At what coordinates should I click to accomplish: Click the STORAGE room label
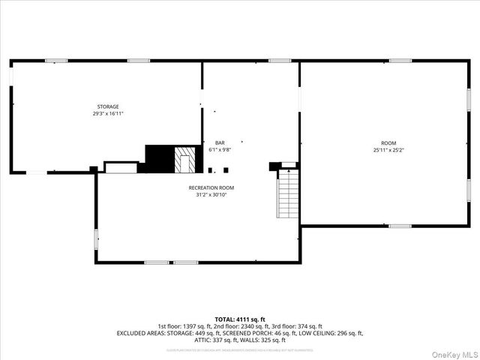click(107, 106)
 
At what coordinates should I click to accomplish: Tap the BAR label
click(220, 142)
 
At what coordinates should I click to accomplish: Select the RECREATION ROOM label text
click(211, 187)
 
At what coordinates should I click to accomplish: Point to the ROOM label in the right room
click(388, 143)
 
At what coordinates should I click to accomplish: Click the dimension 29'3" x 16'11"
click(107, 114)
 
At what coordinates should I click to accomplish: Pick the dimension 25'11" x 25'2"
click(388, 150)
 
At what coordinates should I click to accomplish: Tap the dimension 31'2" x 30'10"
click(211, 194)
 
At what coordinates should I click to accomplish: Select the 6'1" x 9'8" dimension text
click(220, 149)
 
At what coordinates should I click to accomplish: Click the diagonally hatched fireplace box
click(184, 159)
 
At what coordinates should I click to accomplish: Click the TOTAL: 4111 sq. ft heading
click(240, 319)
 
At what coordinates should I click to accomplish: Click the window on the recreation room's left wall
click(96, 238)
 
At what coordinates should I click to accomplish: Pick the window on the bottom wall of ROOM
click(400, 225)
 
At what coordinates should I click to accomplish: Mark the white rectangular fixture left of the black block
click(120, 167)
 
